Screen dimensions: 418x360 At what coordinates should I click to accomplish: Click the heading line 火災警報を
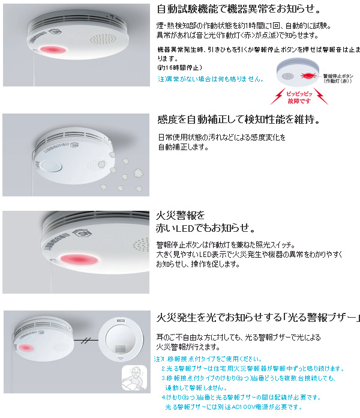pyautogui.click(x=181, y=215)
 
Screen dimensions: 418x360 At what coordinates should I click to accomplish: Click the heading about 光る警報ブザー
pyautogui.click(x=258, y=317)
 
